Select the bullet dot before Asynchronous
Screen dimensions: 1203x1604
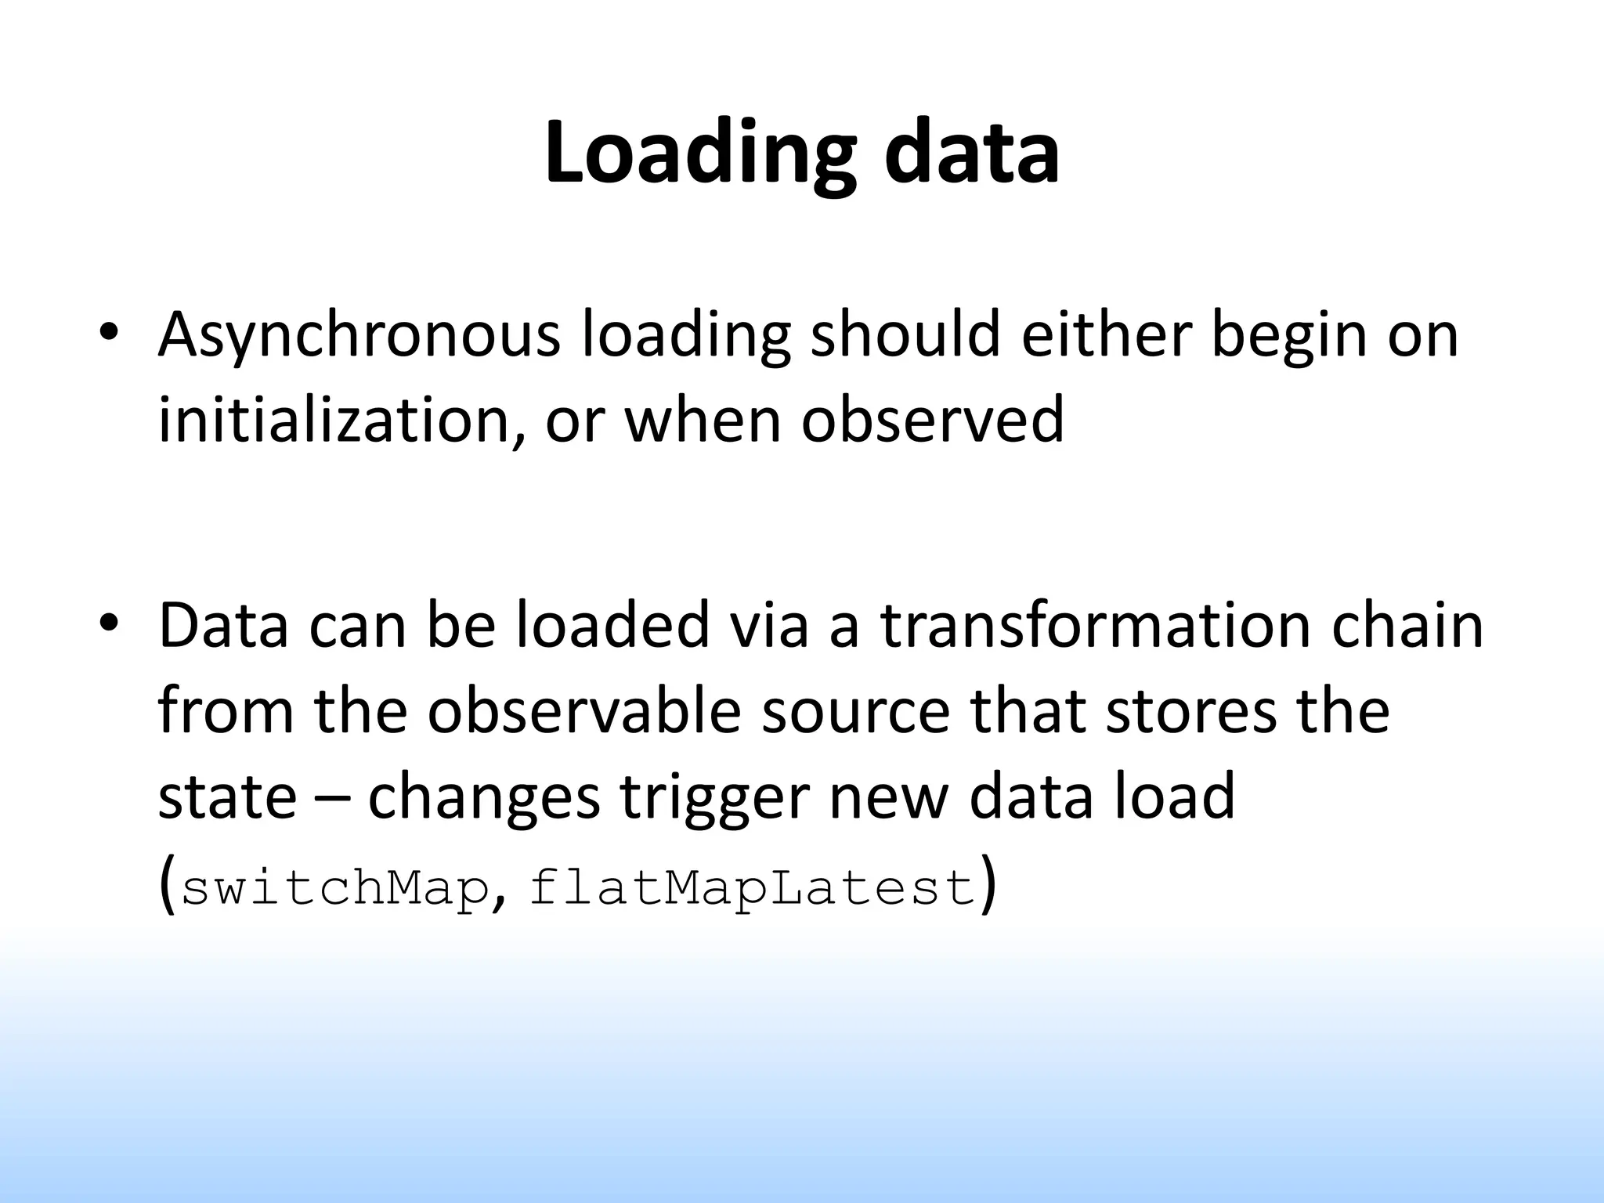pos(108,332)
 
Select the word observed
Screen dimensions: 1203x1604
pos(932,420)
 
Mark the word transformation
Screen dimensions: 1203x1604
pos(1095,627)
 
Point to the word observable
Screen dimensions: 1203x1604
pos(584,711)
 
